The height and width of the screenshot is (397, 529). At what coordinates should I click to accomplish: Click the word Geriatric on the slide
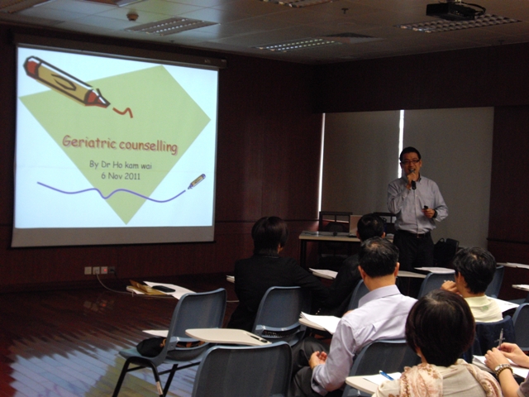click(90, 141)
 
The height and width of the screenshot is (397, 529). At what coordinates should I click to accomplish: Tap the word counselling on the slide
click(149, 146)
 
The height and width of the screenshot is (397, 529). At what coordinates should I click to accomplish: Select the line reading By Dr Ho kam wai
click(121, 165)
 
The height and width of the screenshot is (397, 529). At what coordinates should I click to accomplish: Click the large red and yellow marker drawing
click(66, 82)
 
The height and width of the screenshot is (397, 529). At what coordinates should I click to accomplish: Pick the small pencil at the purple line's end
click(197, 181)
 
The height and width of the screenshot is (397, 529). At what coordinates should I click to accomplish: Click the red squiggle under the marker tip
click(123, 112)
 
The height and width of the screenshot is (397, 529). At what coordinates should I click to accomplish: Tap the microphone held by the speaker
click(413, 181)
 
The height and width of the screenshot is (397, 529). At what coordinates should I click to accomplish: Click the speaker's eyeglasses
click(410, 162)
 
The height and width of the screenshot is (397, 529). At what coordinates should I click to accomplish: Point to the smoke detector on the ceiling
click(132, 17)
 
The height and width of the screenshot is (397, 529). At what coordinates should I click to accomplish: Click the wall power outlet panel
click(99, 270)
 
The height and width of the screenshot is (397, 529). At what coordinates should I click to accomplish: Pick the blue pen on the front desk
click(386, 375)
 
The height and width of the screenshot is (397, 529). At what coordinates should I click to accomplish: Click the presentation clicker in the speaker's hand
click(426, 208)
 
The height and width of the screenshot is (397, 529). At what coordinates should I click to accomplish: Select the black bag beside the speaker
click(446, 252)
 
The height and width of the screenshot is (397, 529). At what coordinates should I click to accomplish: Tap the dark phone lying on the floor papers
click(164, 289)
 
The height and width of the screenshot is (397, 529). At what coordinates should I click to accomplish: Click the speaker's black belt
click(414, 233)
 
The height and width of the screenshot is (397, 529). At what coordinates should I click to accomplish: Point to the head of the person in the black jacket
click(269, 235)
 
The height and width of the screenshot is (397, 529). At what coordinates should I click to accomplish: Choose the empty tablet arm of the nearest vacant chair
click(227, 337)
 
